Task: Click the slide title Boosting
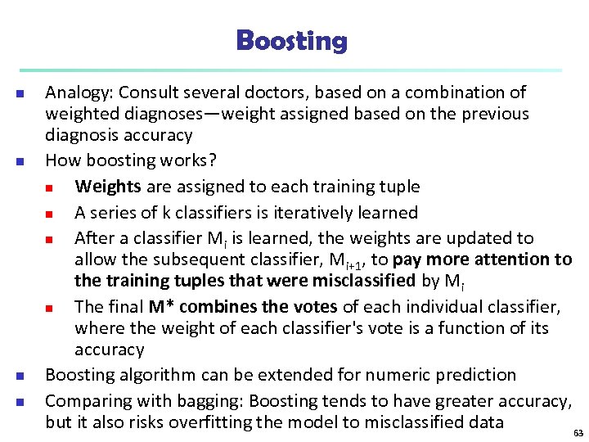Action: point(291,40)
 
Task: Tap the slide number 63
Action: point(578,433)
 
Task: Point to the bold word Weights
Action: point(107,187)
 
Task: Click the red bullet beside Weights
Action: point(49,187)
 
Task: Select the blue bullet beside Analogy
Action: point(19,93)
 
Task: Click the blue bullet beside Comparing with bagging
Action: point(19,402)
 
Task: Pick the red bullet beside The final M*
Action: point(49,308)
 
